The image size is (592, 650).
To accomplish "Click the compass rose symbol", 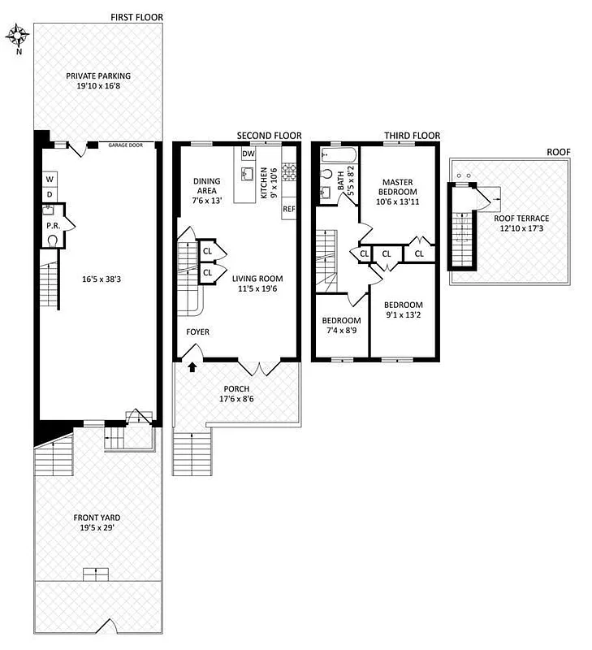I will (19, 35).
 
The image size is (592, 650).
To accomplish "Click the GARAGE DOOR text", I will (126, 145).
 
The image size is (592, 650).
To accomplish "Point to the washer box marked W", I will (49, 179).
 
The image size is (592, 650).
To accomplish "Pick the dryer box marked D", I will (49, 194).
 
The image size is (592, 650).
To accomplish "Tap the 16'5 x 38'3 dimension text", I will (101, 279).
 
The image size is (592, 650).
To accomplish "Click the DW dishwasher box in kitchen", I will (248, 154).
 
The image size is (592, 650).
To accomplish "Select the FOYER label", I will (198, 331).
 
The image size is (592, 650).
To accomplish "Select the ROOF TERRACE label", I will (521, 223).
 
